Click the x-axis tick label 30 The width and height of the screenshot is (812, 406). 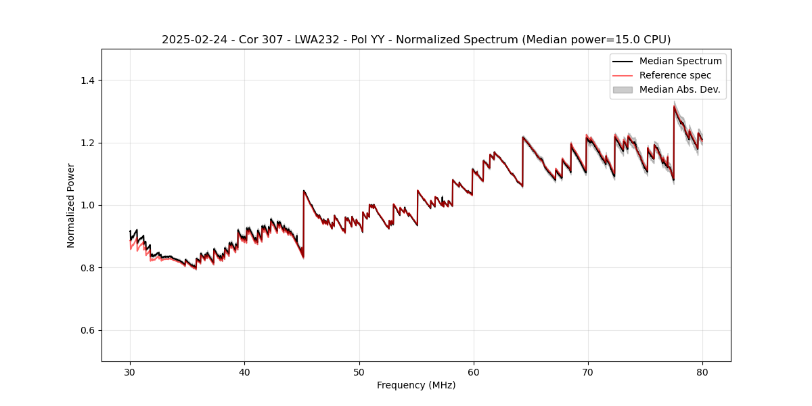[130, 371]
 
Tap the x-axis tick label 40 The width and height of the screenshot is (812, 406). [244, 371]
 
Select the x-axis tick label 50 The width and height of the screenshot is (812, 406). [359, 371]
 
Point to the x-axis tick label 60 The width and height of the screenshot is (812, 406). [473, 371]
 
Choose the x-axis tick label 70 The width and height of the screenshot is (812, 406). [588, 371]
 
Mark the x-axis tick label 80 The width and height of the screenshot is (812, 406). [702, 371]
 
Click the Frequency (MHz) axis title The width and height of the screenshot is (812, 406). [416, 385]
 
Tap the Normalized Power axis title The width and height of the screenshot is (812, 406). [71, 205]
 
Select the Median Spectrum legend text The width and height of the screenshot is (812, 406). [680, 61]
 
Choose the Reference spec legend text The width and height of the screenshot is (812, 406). [675, 75]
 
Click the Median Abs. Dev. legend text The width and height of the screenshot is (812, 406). [679, 89]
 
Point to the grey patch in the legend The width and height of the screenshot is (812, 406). [623, 89]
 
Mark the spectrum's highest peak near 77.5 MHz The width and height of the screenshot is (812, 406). [675, 106]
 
